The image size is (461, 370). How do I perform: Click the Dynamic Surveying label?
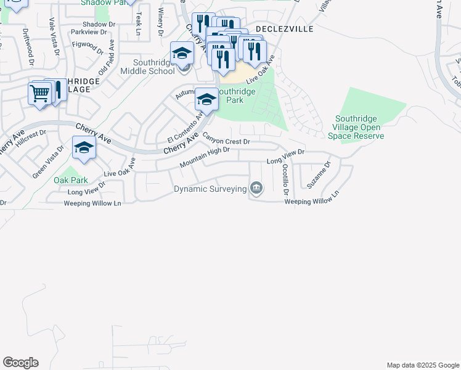[x=210, y=189]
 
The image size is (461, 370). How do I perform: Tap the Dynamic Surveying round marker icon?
[x=256, y=188]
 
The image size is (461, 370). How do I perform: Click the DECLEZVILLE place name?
[x=285, y=29]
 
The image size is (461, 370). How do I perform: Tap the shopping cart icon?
[x=39, y=94]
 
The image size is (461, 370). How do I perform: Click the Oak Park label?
[x=71, y=180]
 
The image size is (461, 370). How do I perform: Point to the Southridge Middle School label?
[x=147, y=67]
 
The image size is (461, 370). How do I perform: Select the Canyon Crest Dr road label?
[x=226, y=140]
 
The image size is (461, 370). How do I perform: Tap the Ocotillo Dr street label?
[x=285, y=179]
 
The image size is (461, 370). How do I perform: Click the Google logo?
[x=20, y=363]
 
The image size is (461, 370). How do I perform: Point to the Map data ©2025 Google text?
[x=423, y=365]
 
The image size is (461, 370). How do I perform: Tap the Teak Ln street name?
[x=140, y=23]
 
